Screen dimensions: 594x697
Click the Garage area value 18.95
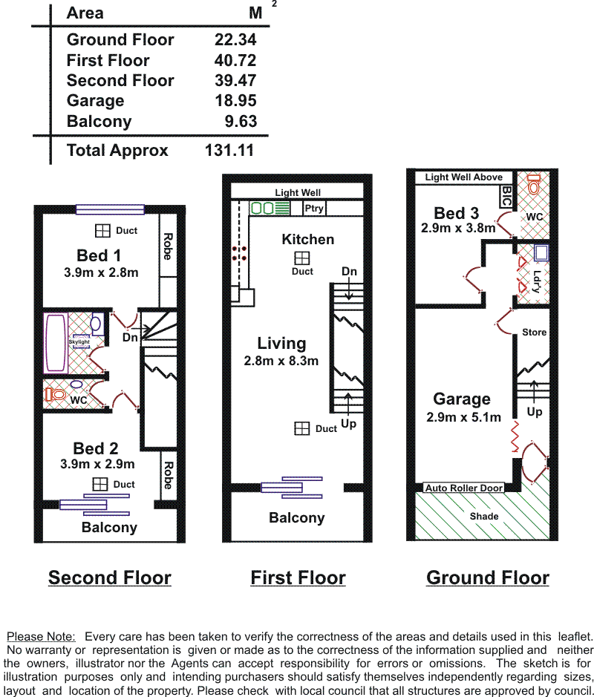[x=235, y=100]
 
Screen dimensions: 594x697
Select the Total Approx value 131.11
[x=229, y=150]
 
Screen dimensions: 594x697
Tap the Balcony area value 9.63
[x=241, y=121]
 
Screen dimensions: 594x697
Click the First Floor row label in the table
[x=108, y=60]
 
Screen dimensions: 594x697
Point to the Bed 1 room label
[x=99, y=255]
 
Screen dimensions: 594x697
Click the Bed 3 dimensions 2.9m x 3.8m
[x=458, y=228]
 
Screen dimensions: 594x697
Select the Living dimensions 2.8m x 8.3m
[x=281, y=361]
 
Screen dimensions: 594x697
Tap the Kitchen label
[x=307, y=239]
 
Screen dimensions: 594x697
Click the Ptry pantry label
[x=314, y=208]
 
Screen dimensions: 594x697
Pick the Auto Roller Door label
[x=464, y=488]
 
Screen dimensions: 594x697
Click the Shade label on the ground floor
[x=484, y=516]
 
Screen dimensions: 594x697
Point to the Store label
[x=534, y=332]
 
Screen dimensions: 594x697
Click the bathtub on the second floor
[x=56, y=343]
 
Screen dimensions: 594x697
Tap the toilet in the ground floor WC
[x=534, y=184]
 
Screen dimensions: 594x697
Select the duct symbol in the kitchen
[x=302, y=258]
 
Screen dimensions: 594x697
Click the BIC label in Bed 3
[x=506, y=196]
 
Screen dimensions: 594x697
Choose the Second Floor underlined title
[x=110, y=578]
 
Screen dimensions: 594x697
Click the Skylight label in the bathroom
[x=79, y=342]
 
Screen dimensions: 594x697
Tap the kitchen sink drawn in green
[x=270, y=208]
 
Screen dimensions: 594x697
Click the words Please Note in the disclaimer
[x=41, y=637]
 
